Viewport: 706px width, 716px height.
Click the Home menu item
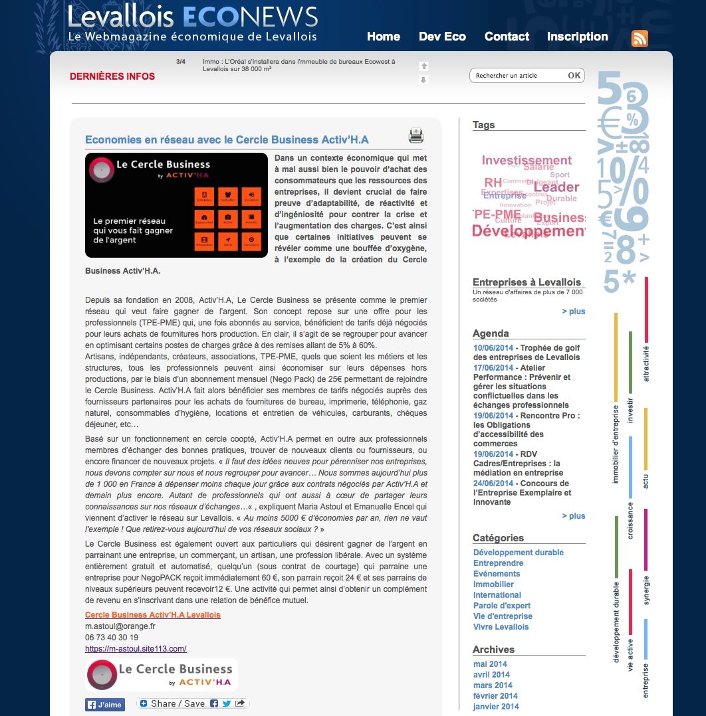pos(383,37)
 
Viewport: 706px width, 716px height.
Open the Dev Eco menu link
pos(442,37)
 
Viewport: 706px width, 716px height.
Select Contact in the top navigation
pos(507,37)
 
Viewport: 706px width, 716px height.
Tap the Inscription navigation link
pos(577,37)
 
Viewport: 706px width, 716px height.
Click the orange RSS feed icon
pos(640,39)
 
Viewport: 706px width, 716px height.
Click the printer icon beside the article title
pos(416,136)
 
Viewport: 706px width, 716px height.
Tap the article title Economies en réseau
pos(227,139)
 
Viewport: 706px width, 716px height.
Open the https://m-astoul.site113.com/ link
pos(136,648)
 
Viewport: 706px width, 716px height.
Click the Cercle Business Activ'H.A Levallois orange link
pos(152,615)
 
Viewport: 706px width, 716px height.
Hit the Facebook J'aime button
pos(105,705)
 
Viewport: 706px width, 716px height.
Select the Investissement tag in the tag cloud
pos(527,160)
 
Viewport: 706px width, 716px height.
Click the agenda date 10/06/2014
pos(493,347)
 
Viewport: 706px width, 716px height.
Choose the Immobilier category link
pos(493,584)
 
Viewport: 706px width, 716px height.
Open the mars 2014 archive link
pos(493,685)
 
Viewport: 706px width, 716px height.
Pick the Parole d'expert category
pos(502,606)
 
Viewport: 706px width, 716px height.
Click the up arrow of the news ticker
pos(423,66)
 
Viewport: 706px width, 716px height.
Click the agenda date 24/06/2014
pos(493,483)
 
